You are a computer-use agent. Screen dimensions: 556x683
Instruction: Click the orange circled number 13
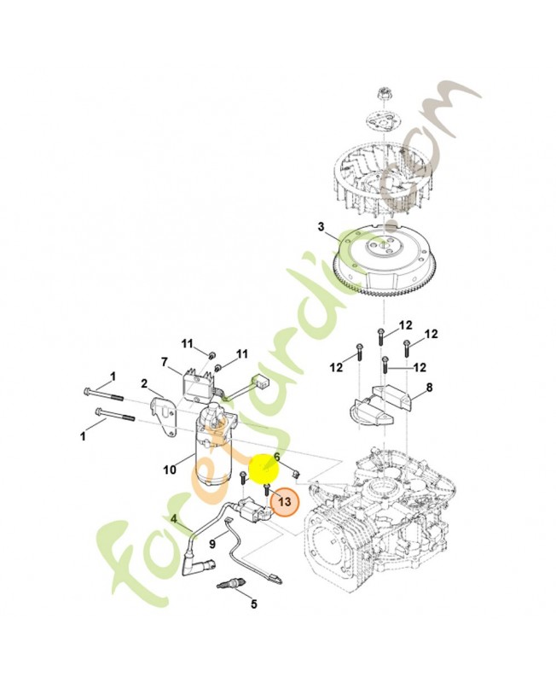pos(284,501)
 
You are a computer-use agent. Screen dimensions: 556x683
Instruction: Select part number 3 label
pos(321,227)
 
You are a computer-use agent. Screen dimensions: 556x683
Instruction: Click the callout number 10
pos(170,470)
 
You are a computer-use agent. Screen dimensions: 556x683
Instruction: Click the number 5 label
pos(253,604)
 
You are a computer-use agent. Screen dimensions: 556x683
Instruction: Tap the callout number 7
pos(164,362)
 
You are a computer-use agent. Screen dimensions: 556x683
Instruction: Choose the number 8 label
pos(430,388)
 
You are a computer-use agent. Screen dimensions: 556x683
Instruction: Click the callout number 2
pos(144,383)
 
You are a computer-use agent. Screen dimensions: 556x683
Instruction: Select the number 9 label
pos(211,544)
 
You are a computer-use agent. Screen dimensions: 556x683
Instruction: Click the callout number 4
pos(174,519)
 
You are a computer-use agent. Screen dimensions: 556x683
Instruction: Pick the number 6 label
pos(276,458)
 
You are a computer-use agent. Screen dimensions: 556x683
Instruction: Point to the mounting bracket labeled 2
pos(162,414)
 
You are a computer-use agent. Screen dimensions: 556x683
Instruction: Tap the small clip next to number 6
pos(297,472)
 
